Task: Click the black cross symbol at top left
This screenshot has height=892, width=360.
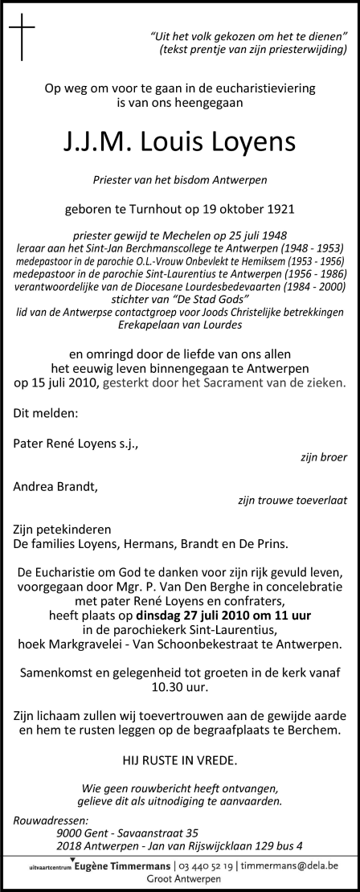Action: [x=22, y=39]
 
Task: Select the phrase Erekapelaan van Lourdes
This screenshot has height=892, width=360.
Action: [x=180, y=326]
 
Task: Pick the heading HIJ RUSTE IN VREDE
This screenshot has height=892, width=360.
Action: [x=180, y=759]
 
